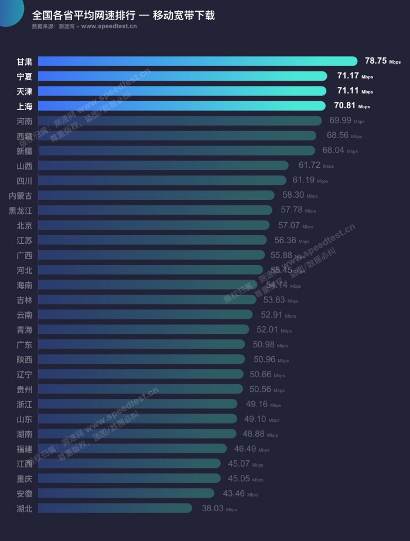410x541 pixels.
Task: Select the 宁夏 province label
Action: coord(25,76)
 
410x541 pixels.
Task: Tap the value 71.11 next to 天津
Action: coord(347,91)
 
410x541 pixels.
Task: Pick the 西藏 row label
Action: coord(25,136)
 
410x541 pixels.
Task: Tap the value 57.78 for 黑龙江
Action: coord(291,210)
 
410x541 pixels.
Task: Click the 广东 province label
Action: coord(25,344)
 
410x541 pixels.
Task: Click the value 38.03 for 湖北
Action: coord(213,508)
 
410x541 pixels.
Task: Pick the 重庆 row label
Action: coord(25,478)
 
